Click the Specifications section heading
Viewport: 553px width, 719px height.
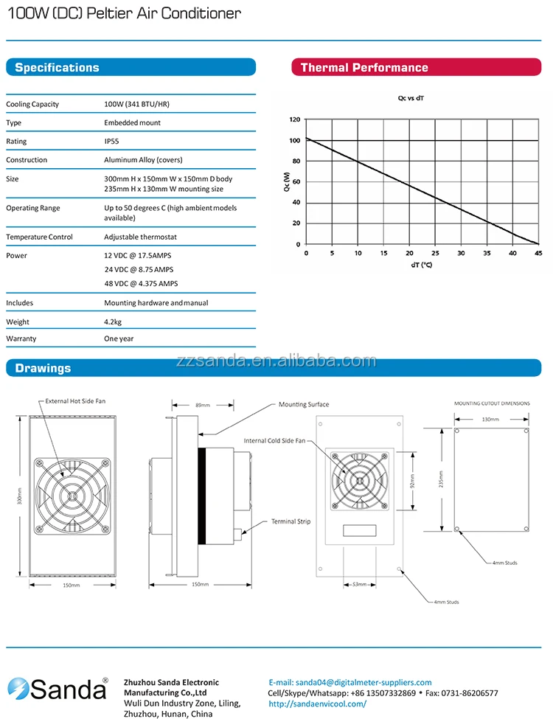click(57, 68)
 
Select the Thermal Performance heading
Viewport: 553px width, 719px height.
click(364, 68)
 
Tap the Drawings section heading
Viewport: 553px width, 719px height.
click(43, 368)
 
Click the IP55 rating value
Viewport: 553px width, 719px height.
click(111, 142)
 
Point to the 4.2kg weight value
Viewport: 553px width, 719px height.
click(114, 322)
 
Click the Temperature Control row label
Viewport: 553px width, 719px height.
click(39, 237)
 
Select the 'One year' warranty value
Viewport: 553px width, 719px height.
click(119, 338)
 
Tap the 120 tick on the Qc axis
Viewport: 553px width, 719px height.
click(295, 119)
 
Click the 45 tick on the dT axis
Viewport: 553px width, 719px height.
click(538, 253)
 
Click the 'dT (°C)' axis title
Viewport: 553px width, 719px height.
click(421, 265)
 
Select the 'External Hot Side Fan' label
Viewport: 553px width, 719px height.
click(75, 401)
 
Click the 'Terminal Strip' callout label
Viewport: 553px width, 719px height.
click(291, 521)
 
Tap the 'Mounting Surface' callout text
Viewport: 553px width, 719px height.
click(303, 404)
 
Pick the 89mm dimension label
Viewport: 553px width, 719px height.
click(201, 405)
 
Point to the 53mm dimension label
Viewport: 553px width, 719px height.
click(359, 585)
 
